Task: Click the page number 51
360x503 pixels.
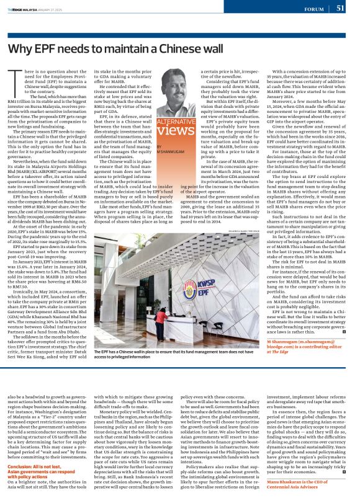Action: (x=340, y=8)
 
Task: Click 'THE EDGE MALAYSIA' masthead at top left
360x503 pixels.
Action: (x=27, y=9)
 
